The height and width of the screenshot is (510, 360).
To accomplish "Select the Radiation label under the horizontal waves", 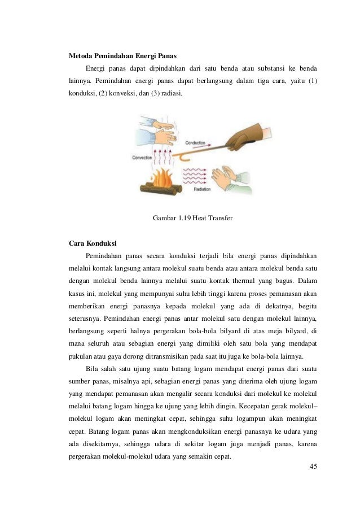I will [202, 190].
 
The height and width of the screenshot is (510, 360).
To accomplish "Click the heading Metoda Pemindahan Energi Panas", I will [122, 57].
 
